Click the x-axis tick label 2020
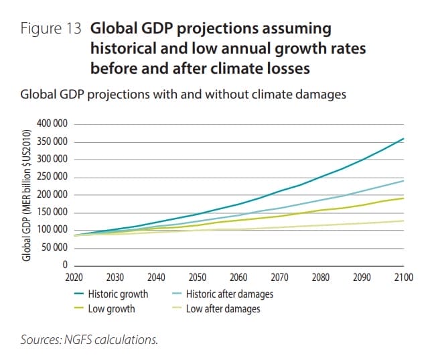click(x=73, y=277)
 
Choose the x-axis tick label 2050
click(x=197, y=277)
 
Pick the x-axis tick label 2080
click(x=321, y=277)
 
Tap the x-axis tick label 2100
click(x=403, y=277)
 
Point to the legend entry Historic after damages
click(x=228, y=294)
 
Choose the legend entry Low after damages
click(x=222, y=308)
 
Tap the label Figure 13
click(x=51, y=29)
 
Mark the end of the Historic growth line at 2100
click(x=403, y=139)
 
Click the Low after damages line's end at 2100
click(x=403, y=221)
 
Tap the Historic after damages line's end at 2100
click(x=403, y=181)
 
